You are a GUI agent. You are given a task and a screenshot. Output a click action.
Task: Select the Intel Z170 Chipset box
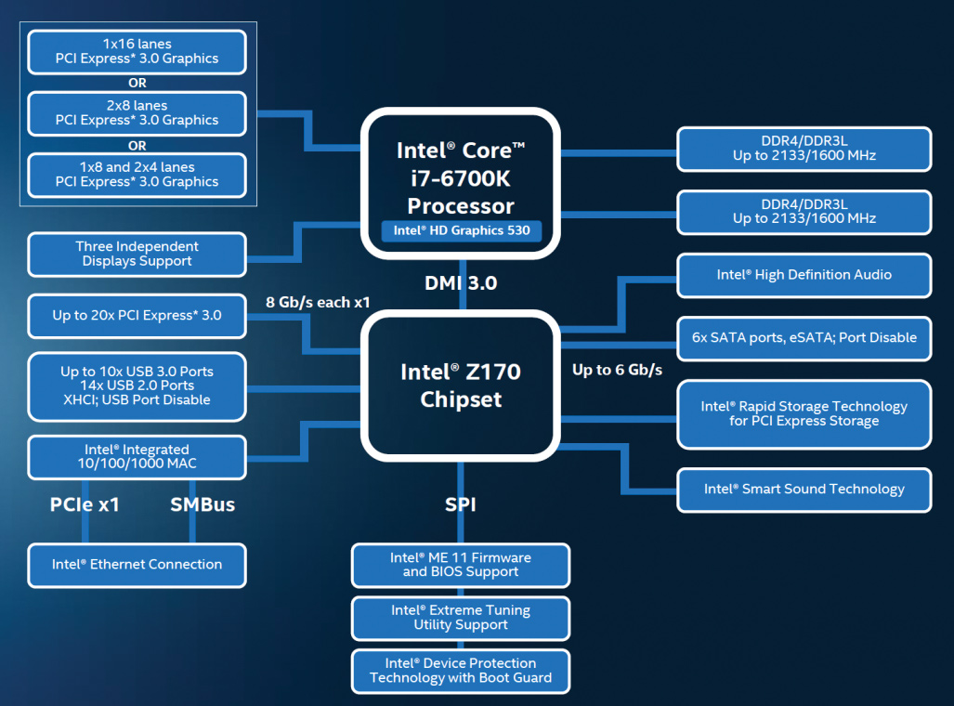coord(460,385)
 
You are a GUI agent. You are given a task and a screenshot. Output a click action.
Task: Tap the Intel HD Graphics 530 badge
coord(461,229)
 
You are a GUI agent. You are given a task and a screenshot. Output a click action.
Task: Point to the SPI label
coord(461,505)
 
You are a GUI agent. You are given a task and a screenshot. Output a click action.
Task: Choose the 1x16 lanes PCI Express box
coord(137,51)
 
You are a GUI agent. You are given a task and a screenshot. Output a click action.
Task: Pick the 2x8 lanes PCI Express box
coord(137,113)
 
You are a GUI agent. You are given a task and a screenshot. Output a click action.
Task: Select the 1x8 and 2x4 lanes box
coord(137,175)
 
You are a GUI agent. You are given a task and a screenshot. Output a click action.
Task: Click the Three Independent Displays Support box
coord(137,254)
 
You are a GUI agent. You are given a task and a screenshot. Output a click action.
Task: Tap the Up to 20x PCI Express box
coord(137,316)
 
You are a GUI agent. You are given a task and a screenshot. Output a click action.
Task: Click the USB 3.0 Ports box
coord(137,386)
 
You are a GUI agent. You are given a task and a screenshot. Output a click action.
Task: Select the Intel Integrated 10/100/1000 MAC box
coord(137,457)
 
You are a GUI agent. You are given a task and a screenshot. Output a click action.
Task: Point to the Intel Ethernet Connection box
coord(137,565)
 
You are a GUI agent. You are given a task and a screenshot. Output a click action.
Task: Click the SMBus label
coord(203,505)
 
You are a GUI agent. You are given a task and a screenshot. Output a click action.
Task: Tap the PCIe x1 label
coord(85,505)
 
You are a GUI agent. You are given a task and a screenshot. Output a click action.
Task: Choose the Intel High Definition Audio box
coord(804,275)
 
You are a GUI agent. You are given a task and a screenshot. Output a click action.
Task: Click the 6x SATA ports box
coord(804,338)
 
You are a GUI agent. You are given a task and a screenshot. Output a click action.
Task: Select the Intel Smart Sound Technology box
coord(804,490)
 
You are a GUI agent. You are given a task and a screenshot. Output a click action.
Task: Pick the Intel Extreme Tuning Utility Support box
coord(461,618)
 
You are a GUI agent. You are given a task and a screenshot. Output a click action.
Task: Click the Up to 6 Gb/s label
coord(617,370)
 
